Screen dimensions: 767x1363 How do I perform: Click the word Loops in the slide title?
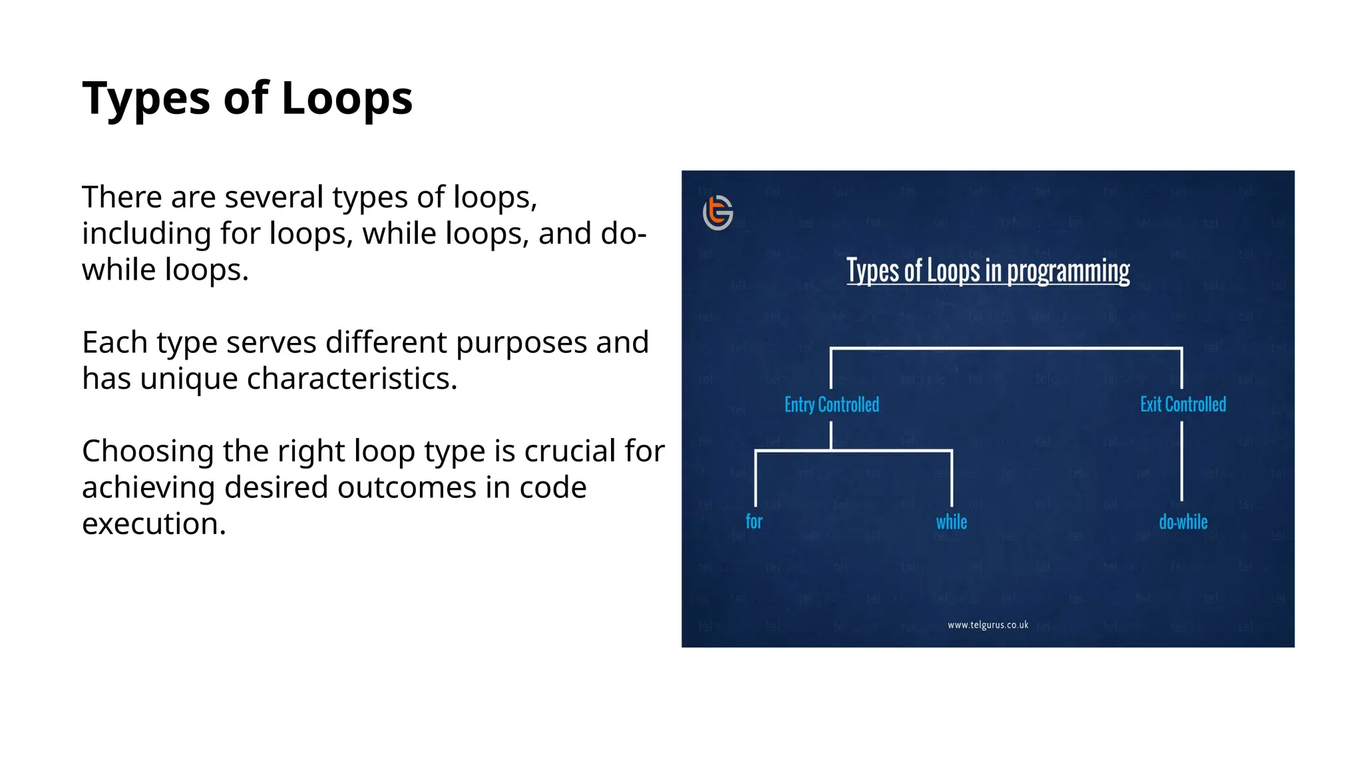click(x=347, y=99)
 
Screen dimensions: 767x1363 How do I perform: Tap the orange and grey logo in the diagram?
click(x=717, y=212)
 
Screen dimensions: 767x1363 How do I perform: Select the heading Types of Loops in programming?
click(x=988, y=271)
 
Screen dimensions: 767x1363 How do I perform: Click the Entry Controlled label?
click(x=831, y=404)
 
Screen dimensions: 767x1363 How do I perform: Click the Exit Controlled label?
click(x=1183, y=404)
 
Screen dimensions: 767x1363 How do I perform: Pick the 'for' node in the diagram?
click(x=753, y=521)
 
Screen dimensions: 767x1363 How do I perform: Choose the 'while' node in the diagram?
click(x=951, y=522)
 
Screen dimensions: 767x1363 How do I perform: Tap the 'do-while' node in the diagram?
click(x=1183, y=522)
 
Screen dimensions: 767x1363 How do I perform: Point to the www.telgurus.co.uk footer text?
click(x=988, y=625)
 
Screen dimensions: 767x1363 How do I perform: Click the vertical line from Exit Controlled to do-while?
click(x=1181, y=461)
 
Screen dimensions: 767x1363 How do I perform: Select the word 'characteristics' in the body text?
click(x=351, y=379)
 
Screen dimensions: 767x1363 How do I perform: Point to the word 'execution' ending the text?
click(x=153, y=524)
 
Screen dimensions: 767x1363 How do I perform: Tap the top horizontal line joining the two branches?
click(x=1006, y=348)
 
